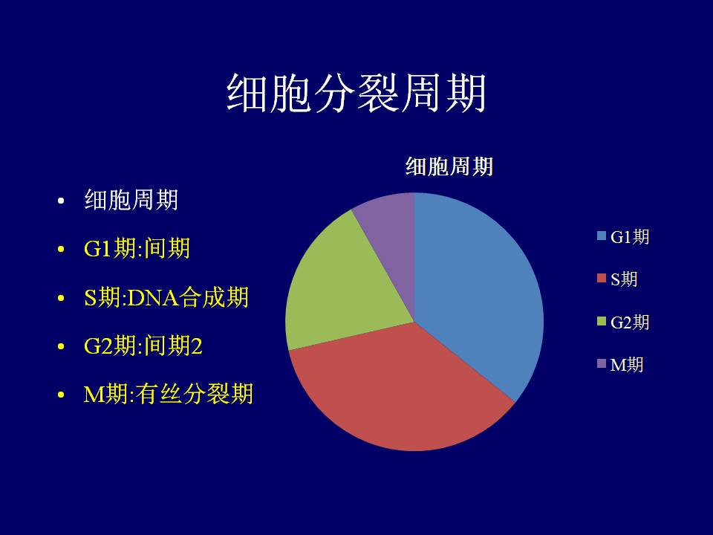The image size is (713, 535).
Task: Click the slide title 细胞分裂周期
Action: click(x=356, y=93)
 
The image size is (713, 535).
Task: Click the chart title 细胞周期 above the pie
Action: click(x=449, y=166)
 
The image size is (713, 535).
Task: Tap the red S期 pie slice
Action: click(x=400, y=392)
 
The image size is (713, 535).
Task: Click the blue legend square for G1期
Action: click(x=602, y=236)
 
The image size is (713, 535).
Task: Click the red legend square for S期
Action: click(x=602, y=278)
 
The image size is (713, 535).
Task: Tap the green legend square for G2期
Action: click(x=602, y=321)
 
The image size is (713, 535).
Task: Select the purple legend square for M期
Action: click(x=602, y=363)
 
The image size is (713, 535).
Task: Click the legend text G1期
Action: click(x=630, y=236)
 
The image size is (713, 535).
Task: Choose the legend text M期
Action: click(x=627, y=364)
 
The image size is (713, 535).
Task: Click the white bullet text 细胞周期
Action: click(x=131, y=200)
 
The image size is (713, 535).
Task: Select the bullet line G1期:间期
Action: click(x=137, y=249)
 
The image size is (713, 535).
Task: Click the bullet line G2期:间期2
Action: click(x=143, y=346)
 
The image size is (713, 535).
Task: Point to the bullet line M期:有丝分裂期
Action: click(x=169, y=394)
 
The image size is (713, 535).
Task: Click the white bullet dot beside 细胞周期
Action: click(x=61, y=201)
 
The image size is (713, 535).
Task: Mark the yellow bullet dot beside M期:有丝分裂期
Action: click(x=61, y=395)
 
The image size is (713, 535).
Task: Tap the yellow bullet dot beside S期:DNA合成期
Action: click(x=61, y=299)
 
